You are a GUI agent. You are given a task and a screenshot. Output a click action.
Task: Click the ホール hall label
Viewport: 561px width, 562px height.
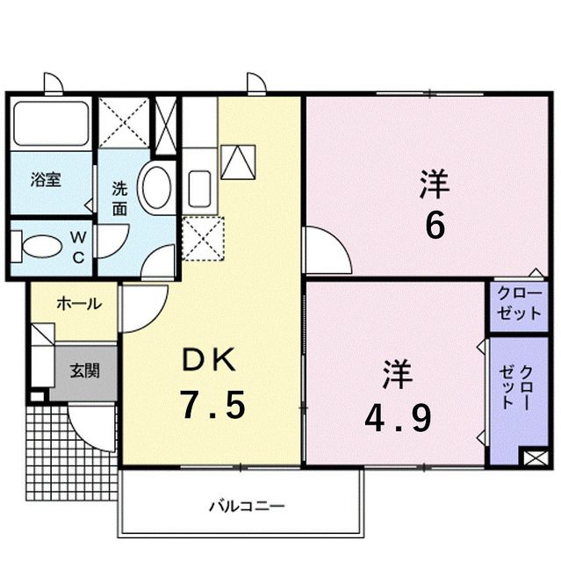pyautogui.click(x=77, y=304)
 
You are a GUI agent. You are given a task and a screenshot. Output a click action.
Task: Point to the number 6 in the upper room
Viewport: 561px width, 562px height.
pyautogui.click(x=435, y=226)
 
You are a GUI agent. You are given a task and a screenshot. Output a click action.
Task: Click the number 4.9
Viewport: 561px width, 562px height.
pyautogui.click(x=398, y=418)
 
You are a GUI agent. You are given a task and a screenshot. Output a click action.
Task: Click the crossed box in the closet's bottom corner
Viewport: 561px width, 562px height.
pyautogui.click(x=534, y=458)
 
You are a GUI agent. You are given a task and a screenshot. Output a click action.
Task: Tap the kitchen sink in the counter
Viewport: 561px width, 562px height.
pyautogui.click(x=198, y=187)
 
